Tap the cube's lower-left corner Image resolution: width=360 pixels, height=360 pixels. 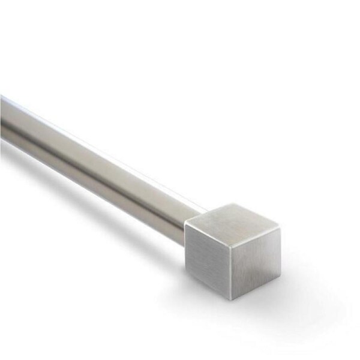click(187, 276)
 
